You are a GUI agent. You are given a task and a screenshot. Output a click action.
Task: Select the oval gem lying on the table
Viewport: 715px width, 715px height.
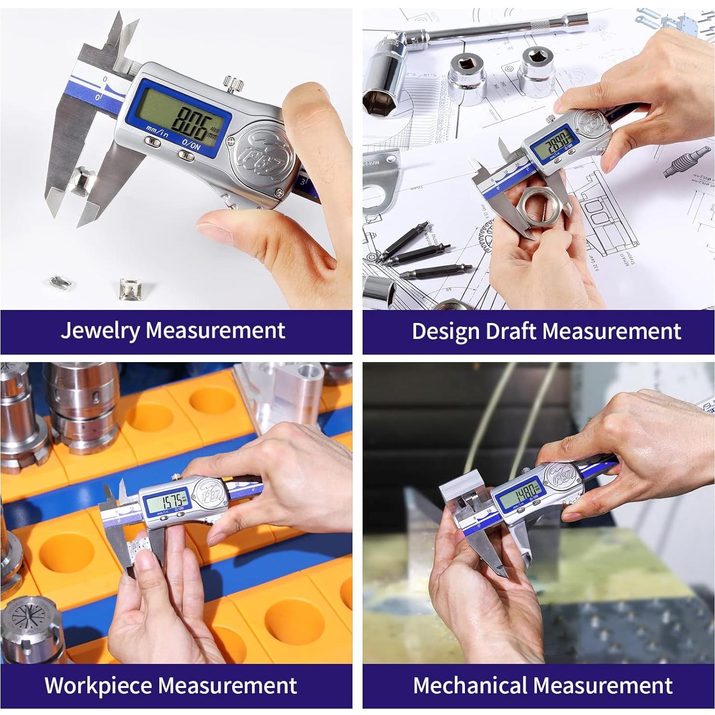point(56,282)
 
